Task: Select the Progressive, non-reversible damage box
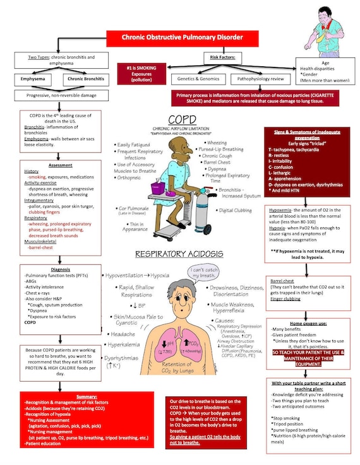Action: point(60,96)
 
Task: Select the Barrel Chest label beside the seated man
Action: point(222,162)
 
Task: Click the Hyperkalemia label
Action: point(124,344)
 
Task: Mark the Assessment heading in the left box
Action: point(61,165)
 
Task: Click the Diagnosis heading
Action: point(61,269)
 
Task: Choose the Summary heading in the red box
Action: point(61,396)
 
